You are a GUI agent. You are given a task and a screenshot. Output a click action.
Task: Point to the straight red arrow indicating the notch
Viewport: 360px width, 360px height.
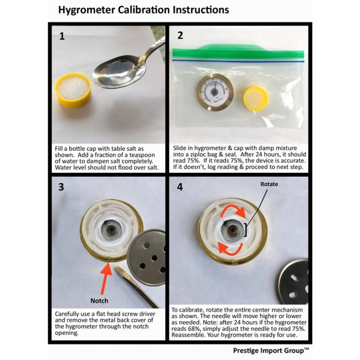tap(104, 279)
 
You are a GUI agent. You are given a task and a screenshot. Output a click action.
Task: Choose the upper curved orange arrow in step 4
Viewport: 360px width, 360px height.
tap(232, 209)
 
